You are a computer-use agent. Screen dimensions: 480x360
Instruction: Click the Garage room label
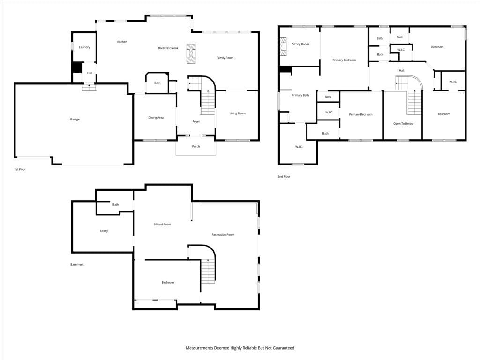75,120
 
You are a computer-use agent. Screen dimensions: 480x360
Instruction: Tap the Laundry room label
84,47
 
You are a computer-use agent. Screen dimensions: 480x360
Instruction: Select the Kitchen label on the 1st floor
122,42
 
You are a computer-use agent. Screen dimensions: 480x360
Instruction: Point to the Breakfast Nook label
168,48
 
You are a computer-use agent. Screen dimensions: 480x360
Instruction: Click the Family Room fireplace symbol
191,53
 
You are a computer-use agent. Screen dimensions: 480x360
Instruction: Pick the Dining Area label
156,118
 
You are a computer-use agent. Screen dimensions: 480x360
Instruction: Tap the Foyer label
196,121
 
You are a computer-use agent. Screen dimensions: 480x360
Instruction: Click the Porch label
196,146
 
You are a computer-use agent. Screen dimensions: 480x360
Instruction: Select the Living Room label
238,113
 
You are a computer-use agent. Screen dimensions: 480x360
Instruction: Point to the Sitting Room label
300,44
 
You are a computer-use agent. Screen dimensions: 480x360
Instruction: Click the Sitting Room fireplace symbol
284,47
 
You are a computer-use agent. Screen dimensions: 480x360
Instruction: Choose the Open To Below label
404,124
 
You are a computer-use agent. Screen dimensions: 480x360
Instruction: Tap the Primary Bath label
300,95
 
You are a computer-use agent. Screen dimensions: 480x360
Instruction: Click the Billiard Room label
162,225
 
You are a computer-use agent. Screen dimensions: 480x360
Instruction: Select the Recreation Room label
223,235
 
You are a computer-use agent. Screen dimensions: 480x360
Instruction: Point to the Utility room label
104,231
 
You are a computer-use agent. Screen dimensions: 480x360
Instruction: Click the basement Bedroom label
168,282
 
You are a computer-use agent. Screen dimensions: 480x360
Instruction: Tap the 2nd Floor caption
284,177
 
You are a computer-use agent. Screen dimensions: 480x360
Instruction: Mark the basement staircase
208,271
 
